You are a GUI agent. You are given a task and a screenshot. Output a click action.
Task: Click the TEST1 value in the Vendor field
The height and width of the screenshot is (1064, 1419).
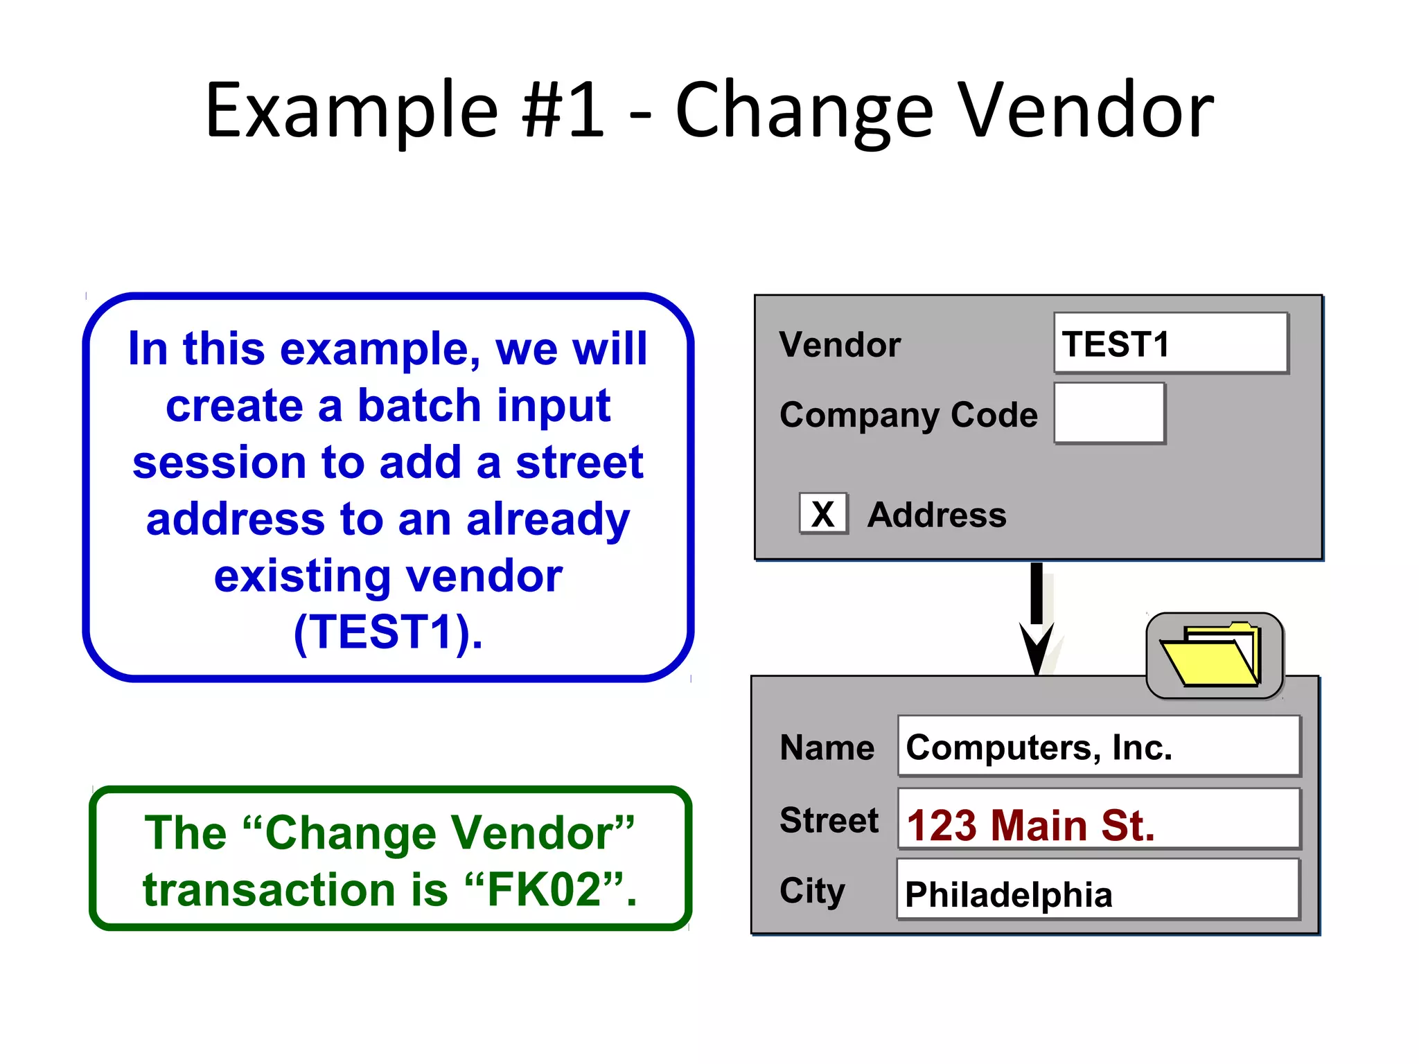pos(1116,344)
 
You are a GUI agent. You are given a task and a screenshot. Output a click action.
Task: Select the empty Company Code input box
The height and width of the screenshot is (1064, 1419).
pos(1109,414)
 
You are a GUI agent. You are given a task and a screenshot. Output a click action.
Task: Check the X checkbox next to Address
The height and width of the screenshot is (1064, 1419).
pos(822,514)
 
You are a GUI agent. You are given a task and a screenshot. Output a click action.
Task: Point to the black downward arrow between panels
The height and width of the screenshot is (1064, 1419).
pos(1037,617)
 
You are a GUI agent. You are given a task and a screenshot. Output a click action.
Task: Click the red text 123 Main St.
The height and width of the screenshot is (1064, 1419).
pos(1030,825)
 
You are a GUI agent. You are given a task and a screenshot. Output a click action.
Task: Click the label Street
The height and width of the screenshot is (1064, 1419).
pos(829,820)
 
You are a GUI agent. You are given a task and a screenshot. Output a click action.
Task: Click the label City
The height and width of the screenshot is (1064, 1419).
pos(812,891)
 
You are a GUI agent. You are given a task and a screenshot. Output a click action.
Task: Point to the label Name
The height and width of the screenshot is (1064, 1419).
pos(827,748)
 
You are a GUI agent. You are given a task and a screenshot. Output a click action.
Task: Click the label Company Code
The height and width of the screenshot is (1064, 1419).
pos(908,415)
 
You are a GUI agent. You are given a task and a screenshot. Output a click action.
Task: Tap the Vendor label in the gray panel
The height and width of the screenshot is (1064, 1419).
pos(840,344)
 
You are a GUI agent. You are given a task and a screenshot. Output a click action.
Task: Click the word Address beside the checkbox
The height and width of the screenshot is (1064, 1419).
pos(937,515)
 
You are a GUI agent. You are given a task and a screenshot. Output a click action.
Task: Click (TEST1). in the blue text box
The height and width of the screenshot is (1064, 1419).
pos(388,632)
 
